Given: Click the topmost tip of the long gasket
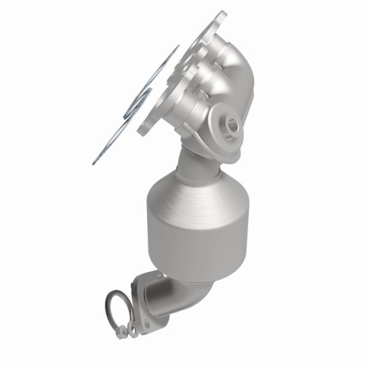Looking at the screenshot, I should click(x=178, y=45).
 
